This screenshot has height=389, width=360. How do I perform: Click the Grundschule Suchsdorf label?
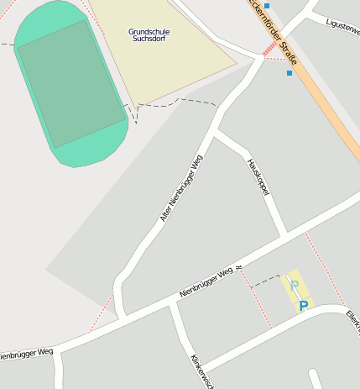tap(149, 34)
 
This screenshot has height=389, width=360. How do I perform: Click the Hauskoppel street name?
tap(258, 177)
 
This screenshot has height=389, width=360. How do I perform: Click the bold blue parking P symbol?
tap(304, 306)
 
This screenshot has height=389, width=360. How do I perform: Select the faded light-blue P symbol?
tap(294, 286)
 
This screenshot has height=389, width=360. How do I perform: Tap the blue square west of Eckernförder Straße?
tap(267, 6)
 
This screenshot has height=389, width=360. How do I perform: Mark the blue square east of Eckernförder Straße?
tap(290, 73)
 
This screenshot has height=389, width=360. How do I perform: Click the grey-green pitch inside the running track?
tap(70, 83)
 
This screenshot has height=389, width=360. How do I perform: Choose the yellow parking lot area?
tap(295, 291)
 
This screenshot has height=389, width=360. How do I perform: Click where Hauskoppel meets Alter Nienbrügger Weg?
tap(217, 132)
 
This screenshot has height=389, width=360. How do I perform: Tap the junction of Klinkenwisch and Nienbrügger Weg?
tap(171, 305)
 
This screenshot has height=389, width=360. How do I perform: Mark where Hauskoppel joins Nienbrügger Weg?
tap(284, 234)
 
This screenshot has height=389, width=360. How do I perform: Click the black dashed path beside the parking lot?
tap(265, 278)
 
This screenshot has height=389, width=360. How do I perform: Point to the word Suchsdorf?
tap(149, 39)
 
